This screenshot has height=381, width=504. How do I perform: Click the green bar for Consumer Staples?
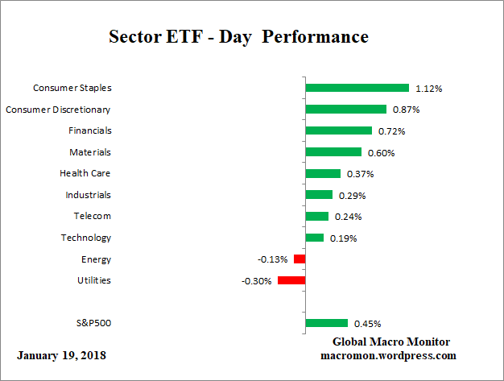pyautogui.click(x=357, y=88)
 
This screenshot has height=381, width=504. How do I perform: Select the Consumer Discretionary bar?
pyautogui.click(x=346, y=109)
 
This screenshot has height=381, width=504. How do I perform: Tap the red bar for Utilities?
pyautogui.click(x=291, y=280)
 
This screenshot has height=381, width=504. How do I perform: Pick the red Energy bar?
pyautogui.click(x=300, y=259)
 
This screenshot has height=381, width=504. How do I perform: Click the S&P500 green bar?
pyautogui.click(x=327, y=324)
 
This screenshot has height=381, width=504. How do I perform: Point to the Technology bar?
pyautogui.click(x=315, y=238)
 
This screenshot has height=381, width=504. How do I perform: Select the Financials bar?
pyautogui.click(x=339, y=130)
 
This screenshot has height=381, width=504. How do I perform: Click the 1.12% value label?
pyautogui.click(x=428, y=88)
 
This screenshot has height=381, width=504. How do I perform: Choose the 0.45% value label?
pyautogui.click(x=367, y=324)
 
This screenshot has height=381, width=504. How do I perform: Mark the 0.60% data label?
pyautogui.click(x=382, y=152)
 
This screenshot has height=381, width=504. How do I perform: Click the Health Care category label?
pyautogui.click(x=85, y=173)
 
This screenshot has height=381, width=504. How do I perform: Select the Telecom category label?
pyautogui.click(x=91, y=216)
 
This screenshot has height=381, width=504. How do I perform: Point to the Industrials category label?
pyautogui.click(x=88, y=195)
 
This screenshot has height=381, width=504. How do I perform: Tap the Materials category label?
pyautogui.click(x=90, y=151)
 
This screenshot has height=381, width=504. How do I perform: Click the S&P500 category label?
pyautogui.click(x=93, y=324)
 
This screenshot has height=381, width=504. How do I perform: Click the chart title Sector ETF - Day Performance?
pyautogui.click(x=238, y=37)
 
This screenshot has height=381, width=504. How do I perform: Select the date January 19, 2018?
pyautogui.click(x=61, y=355)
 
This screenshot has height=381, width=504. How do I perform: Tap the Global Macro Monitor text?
pyautogui.click(x=392, y=342)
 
